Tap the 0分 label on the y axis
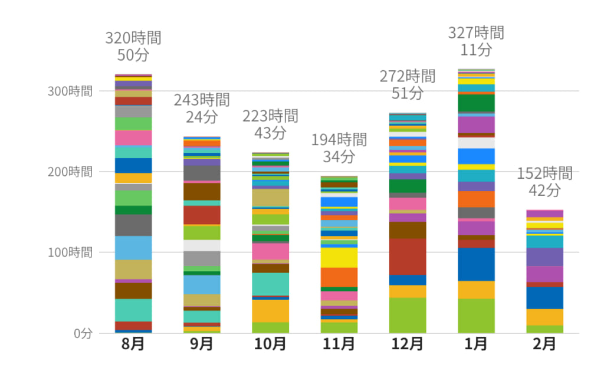tap(83, 333)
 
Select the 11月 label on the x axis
tap(339, 344)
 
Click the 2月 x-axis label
tap(544, 344)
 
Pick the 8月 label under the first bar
tap(133, 344)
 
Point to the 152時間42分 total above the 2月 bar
tap(544, 182)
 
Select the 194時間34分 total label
tap(339, 148)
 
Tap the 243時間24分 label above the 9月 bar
tap(201, 109)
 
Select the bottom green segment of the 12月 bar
tap(407, 315)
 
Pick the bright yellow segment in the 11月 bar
tap(339, 257)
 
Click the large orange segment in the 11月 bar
tap(339, 277)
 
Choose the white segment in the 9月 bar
tap(201, 245)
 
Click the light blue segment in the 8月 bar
tap(133, 248)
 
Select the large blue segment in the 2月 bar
tap(544, 298)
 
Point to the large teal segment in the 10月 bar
tap(270, 284)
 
